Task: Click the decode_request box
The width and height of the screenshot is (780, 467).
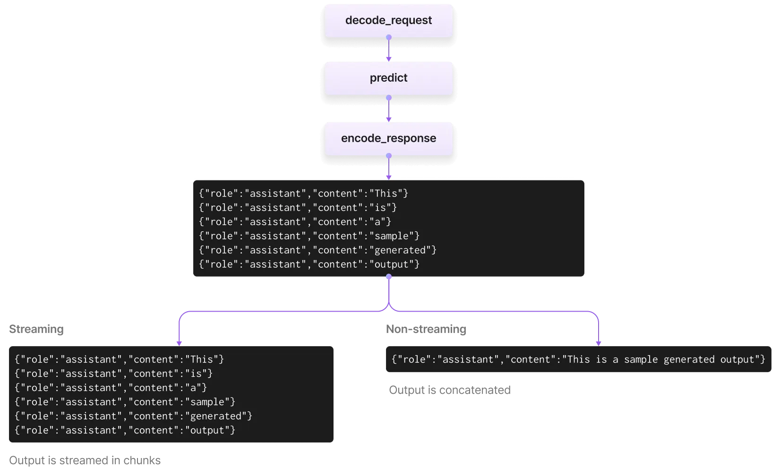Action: click(389, 20)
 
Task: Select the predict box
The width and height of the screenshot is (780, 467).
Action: click(389, 78)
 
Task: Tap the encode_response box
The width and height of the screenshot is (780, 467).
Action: click(389, 138)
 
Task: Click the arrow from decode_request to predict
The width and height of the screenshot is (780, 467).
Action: click(389, 50)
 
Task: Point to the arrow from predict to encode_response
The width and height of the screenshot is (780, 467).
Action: click(389, 110)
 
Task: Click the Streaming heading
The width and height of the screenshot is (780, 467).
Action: click(36, 329)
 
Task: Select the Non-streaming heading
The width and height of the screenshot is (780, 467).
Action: click(426, 329)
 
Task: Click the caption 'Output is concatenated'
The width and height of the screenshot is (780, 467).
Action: click(450, 390)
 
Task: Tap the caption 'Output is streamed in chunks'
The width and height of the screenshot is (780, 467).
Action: click(85, 460)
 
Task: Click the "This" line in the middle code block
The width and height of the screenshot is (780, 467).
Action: click(303, 194)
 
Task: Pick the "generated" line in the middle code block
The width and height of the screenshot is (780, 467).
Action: click(317, 250)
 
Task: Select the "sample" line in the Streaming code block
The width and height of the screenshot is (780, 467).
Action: click(125, 402)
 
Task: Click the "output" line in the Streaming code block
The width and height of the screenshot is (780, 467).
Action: click(125, 430)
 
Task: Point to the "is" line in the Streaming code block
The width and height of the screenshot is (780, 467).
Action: click(113, 374)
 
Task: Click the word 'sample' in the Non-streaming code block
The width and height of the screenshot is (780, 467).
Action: click(641, 359)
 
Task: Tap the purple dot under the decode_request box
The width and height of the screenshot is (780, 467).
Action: click(389, 37)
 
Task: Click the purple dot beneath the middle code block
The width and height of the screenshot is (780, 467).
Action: click(389, 277)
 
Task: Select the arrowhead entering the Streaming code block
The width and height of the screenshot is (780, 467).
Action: click(179, 343)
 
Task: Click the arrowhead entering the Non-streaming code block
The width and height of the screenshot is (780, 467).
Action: click(599, 343)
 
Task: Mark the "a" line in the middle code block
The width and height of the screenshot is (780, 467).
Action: click(295, 221)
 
